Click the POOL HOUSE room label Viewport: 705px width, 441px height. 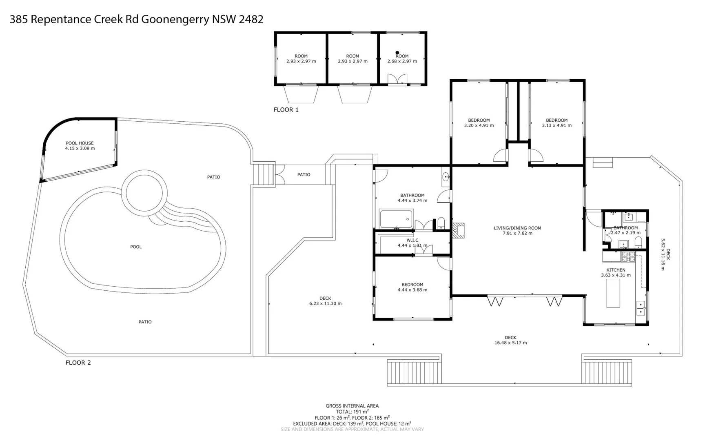point(80,143)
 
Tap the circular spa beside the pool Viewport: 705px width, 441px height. point(144,192)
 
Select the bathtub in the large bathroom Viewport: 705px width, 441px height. point(397,219)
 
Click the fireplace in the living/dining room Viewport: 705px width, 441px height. point(459,230)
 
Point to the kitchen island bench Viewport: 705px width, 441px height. point(613,293)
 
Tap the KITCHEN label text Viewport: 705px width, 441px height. point(616,270)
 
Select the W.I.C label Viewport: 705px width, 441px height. point(412,241)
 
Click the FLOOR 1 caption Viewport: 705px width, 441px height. point(286,110)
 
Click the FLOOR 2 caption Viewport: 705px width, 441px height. point(78,363)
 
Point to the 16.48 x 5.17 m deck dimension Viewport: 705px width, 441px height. point(511,343)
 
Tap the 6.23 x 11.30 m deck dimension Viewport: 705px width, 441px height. point(326,303)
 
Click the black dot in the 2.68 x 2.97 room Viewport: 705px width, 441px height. point(397,53)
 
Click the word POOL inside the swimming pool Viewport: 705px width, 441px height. point(136,247)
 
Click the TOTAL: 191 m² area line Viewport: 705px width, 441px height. point(352,412)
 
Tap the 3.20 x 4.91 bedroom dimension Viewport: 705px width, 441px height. point(479,125)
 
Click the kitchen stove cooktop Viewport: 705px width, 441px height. point(628,256)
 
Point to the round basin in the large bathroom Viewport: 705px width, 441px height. point(446,177)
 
